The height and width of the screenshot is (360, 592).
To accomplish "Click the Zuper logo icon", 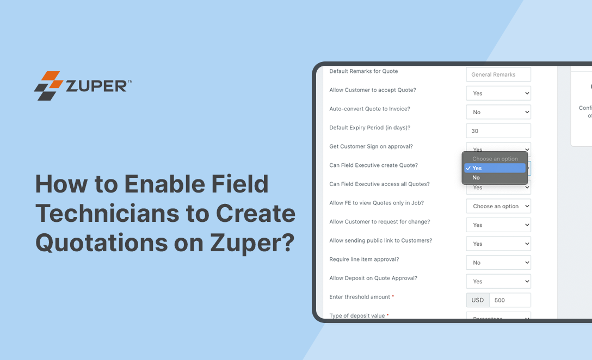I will tap(48, 86).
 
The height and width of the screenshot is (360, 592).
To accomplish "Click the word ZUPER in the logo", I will tap(96, 86).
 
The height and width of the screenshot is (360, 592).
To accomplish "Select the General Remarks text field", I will tap(498, 75).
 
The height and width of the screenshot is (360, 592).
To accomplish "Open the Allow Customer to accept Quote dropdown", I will tap(498, 94).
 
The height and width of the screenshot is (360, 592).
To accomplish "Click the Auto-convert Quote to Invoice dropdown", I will tap(498, 112).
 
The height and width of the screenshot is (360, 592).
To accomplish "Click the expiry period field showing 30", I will tap(498, 131).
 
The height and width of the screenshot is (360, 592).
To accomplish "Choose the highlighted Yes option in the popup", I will tap(495, 169).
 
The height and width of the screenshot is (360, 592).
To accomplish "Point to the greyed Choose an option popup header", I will tap(495, 159).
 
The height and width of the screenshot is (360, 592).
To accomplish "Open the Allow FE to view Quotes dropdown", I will tap(498, 206).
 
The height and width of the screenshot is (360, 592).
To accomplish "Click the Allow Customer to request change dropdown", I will tap(498, 225).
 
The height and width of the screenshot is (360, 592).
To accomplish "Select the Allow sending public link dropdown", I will tap(498, 244).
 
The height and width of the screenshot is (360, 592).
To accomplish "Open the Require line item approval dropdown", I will tap(498, 263).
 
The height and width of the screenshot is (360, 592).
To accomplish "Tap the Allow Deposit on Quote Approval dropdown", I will tap(498, 282).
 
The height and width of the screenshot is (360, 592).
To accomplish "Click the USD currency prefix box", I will tap(478, 300).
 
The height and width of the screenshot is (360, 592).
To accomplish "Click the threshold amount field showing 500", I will tap(510, 300).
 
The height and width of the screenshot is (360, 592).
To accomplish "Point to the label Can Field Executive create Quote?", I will tap(373, 165).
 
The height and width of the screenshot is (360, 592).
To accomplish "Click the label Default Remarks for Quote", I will tap(363, 71).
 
